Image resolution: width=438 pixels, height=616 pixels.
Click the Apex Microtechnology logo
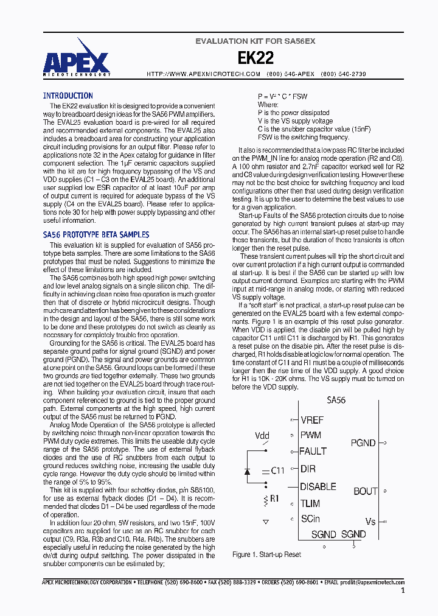pos(77,57)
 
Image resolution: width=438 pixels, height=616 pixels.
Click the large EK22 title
pos(255,58)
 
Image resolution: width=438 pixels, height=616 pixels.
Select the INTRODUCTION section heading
pos(68,96)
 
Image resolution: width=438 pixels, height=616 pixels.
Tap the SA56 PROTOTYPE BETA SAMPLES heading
pos(96,234)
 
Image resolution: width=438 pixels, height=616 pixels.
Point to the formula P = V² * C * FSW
pos(282,96)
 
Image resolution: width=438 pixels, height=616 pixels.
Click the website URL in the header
pos(204,74)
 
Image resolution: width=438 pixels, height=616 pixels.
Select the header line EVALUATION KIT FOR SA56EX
pos(255,41)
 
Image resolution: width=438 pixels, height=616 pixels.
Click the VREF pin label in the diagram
pos(311,420)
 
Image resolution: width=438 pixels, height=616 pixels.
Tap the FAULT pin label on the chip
pos(313,452)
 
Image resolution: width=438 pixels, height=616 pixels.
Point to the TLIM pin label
pos(311,503)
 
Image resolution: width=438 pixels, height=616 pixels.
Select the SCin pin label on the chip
pos(311,519)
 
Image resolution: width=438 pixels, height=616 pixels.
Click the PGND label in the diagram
pos(363,443)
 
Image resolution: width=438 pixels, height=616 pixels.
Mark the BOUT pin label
pos(365,491)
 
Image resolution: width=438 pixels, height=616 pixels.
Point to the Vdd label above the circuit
pos(262,435)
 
